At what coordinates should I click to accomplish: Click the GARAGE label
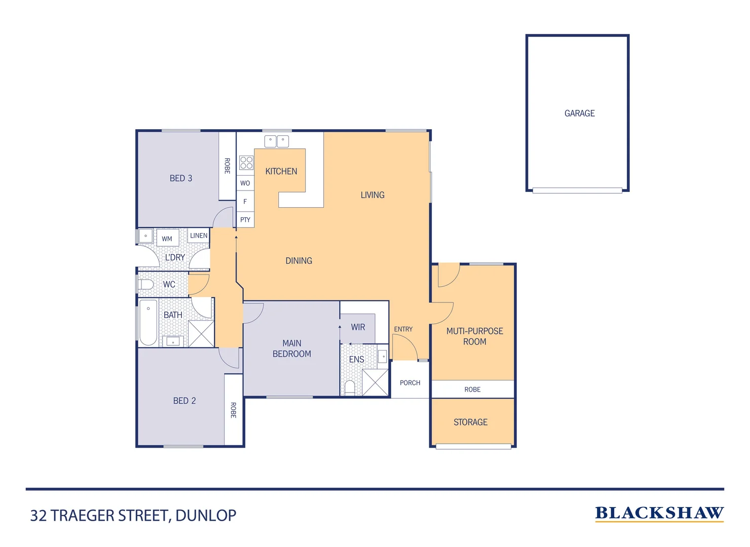tap(579, 113)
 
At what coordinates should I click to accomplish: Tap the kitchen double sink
tap(277, 141)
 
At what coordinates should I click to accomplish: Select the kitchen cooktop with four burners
tap(246, 163)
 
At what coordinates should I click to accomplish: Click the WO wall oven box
tap(245, 183)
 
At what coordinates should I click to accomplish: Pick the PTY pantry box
tap(245, 219)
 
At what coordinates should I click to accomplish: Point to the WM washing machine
tap(167, 238)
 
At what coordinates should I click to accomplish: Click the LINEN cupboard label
tap(199, 236)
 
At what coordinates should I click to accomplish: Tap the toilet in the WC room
tap(146, 284)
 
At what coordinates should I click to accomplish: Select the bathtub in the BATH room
tap(148, 322)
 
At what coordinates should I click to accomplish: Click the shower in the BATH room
tap(201, 333)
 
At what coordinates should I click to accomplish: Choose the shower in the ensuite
tap(375, 382)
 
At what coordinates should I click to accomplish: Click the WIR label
tap(358, 327)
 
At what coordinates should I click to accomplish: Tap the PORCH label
tap(410, 383)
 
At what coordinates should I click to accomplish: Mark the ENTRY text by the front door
tap(403, 329)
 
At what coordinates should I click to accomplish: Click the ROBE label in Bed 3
tap(227, 166)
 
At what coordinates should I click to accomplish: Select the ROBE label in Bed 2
tap(233, 410)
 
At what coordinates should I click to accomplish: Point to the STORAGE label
tap(470, 422)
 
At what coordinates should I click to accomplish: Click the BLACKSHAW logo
tap(659, 513)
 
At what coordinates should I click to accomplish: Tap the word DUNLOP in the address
tap(206, 516)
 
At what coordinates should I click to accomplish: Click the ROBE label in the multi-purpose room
tap(472, 389)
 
